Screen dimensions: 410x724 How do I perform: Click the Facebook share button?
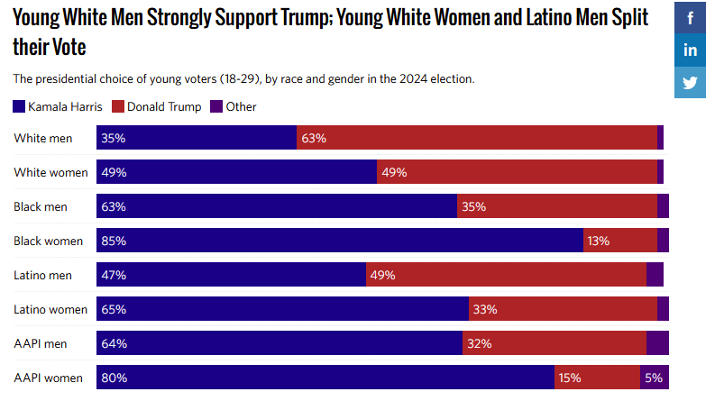pyautogui.click(x=691, y=18)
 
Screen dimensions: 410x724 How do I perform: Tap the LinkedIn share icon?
pyautogui.click(x=691, y=50)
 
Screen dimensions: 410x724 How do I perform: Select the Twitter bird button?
pyautogui.click(x=691, y=82)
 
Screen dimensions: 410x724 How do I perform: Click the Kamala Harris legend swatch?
pyautogui.click(x=19, y=106)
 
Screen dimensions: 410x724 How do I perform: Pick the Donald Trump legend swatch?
pyautogui.click(x=117, y=106)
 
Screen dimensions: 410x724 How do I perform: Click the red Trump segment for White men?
pyautogui.click(x=477, y=138)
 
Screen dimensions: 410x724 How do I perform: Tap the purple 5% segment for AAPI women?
pyautogui.click(x=655, y=378)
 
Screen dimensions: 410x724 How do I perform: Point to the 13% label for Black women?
pyautogui.click(x=598, y=241)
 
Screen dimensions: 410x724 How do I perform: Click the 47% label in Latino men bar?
pyautogui.click(x=115, y=275)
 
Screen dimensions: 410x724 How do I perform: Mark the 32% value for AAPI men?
pyautogui.click(x=479, y=343)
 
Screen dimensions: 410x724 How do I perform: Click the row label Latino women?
pyautogui.click(x=50, y=309)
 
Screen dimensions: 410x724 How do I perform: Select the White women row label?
pyautogui.click(x=50, y=172)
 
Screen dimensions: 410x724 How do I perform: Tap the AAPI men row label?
pyautogui.click(x=41, y=343)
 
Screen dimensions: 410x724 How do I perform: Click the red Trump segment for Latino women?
pyautogui.click(x=563, y=309)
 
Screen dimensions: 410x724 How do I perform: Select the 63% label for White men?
pyautogui.click(x=314, y=138)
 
